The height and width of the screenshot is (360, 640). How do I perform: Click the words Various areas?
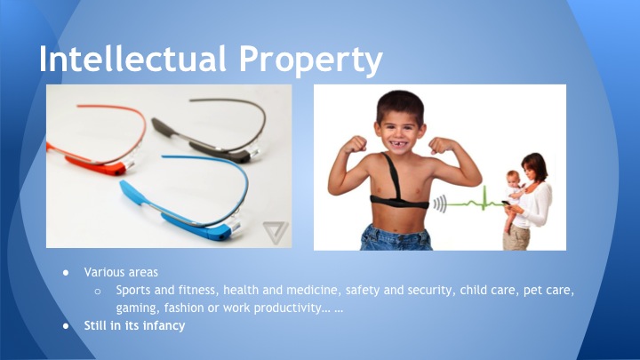(x=116, y=271)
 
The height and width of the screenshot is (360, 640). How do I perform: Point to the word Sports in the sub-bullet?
(x=133, y=290)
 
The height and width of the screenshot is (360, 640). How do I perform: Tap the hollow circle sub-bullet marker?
(x=99, y=291)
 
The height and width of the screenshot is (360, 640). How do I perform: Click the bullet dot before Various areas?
(x=65, y=272)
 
